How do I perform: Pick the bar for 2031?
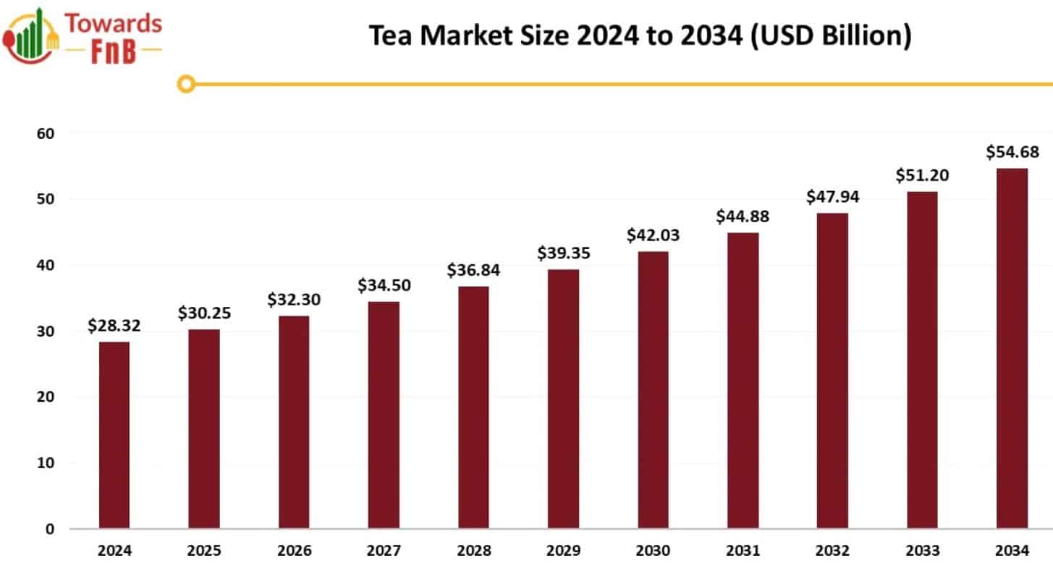coord(743,380)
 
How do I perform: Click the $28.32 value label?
coord(114,326)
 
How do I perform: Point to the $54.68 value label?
coord(1012,152)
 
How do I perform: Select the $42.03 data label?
coord(653,235)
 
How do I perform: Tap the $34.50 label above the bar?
coord(384,285)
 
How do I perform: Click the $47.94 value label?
coord(832,197)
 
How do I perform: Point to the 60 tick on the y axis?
coord(46,133)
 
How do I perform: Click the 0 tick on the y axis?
coord(50,529)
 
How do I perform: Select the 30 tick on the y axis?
coord(46,331)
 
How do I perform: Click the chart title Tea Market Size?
coord(640,35)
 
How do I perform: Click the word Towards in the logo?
coord(114,23)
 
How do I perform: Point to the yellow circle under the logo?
coord(186,84)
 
